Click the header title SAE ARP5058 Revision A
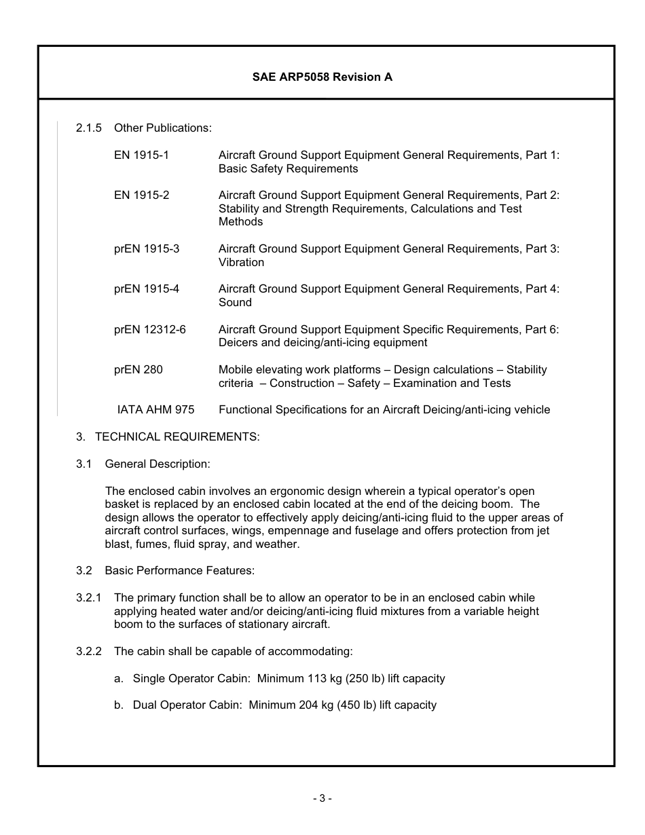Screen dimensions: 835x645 pos(322,77)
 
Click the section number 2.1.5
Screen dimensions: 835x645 pos(89,128)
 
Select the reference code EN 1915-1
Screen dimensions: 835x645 pos(141,155)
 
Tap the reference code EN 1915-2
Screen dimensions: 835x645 pos(141,195)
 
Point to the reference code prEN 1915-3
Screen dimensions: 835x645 pos(147,248)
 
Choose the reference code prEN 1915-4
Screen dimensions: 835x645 pos(147,289)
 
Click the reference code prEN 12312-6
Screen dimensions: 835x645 pos(149,329)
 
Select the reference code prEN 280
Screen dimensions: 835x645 pos(139,369)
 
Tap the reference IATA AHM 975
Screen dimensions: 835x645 pos(155,409)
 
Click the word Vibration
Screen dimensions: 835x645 pos(241,262)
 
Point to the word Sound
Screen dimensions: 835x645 pos(235,302)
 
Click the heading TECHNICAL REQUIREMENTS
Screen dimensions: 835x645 pos(177,437)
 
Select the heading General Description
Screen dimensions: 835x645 pos(158,464)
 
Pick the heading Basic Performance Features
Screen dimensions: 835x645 pos(179,570)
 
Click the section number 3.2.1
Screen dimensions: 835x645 pos(89,597)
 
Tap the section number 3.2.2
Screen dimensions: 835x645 pos(89,651)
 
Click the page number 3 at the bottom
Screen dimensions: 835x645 pos(322,798)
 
